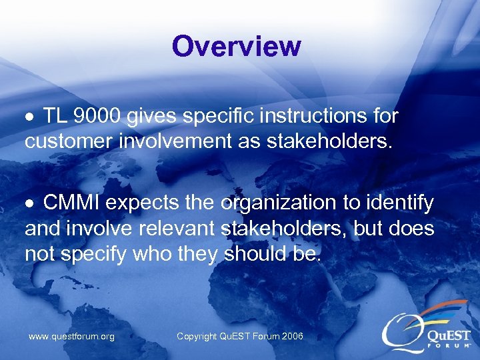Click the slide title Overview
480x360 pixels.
coord(237,47)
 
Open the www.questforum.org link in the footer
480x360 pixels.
coord(71,337)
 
